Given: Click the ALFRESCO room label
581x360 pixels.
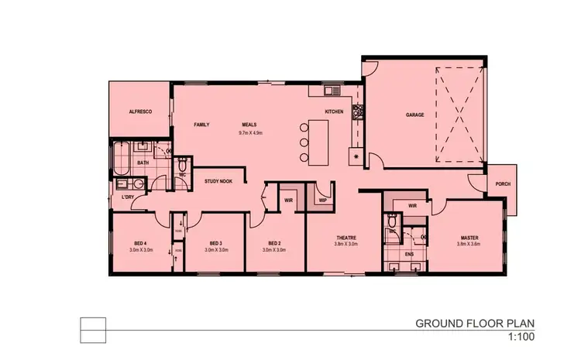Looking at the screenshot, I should coord(139,112).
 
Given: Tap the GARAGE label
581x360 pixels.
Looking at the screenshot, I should coord(415,115).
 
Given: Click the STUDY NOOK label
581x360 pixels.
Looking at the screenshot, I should coord(218,181).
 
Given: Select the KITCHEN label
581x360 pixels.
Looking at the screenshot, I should coord(334,112).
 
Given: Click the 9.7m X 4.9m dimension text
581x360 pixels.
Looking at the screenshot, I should coord(251,132).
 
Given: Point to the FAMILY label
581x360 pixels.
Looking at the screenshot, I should coord(201,125).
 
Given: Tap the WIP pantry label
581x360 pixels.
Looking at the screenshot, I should coord(322,200).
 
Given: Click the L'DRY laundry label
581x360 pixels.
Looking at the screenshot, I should coord(129,197).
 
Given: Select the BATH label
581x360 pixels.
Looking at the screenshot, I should coord(143,163).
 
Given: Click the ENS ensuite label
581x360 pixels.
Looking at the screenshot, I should coord(410,253).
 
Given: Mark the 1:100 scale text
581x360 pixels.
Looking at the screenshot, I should coord(521,337).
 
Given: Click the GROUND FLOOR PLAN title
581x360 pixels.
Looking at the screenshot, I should coord(475,323).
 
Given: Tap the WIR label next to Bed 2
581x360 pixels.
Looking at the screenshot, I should coord(288,200).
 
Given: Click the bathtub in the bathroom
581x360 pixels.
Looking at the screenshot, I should coord(120,159).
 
